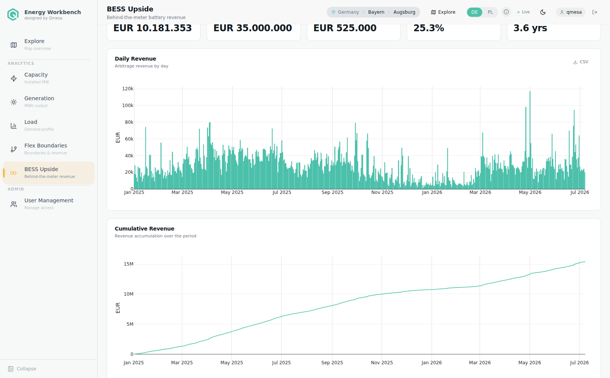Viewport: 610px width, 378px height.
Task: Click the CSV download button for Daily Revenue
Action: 581,62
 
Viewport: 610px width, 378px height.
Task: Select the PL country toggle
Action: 490,12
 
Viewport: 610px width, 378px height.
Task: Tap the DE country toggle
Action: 474,12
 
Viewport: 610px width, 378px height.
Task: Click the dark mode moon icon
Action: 543,12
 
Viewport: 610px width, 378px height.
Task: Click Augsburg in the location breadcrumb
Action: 404,12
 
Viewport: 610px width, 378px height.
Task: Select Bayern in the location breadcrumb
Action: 376,12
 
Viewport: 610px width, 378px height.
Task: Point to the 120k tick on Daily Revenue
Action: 128,89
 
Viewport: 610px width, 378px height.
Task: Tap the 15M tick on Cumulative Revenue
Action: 128,264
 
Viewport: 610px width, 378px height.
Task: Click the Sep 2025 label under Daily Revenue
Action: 332,192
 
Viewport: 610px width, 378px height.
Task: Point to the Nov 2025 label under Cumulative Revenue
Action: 382,363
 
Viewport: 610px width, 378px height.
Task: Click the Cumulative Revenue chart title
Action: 144,229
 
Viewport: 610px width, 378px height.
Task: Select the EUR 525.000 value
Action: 345,28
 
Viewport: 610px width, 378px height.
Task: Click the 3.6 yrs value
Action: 530,28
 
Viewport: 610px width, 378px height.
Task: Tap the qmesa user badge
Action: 571,12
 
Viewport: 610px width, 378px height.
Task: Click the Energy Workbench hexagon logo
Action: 13,14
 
